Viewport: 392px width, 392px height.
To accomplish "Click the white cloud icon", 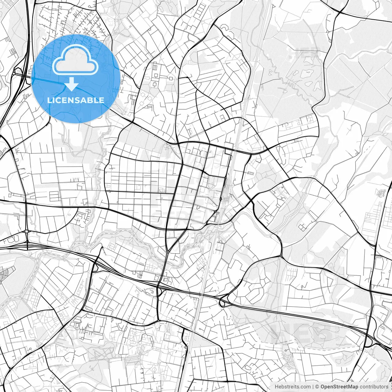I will (x=76, y=60).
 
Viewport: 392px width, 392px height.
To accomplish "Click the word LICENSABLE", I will (x=76, y=100).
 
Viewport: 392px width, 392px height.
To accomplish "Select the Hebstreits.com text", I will (x=292, y=387).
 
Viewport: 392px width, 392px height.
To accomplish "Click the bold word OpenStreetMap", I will (x=339, y=387).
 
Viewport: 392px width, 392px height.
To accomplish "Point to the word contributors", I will (x=374, y=387).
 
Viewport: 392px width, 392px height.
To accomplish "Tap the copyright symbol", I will (x=317, y=387).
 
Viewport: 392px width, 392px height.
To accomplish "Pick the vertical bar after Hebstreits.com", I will (x=313, y=387).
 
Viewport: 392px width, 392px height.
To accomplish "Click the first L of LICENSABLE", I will (x=49, y=100).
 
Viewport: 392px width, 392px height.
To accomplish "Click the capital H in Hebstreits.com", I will (x=277, y=387).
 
